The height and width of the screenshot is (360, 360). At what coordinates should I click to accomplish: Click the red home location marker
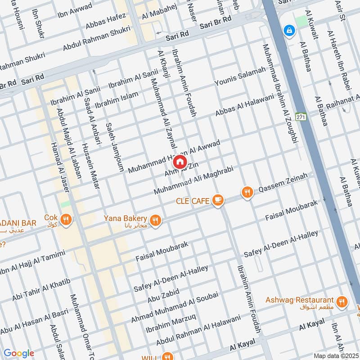(180, 162)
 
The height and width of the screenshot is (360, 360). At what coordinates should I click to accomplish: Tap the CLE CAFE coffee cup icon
(218, 199)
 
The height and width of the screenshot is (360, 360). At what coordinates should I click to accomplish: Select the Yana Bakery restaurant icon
(155, 220)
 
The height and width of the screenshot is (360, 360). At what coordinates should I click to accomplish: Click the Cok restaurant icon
(67, 219)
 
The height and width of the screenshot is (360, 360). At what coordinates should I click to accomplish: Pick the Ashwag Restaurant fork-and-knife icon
(342, 301)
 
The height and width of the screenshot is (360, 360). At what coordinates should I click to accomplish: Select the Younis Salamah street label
(240, 76)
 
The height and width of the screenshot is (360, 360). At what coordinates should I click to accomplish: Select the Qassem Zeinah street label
(283, 183)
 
